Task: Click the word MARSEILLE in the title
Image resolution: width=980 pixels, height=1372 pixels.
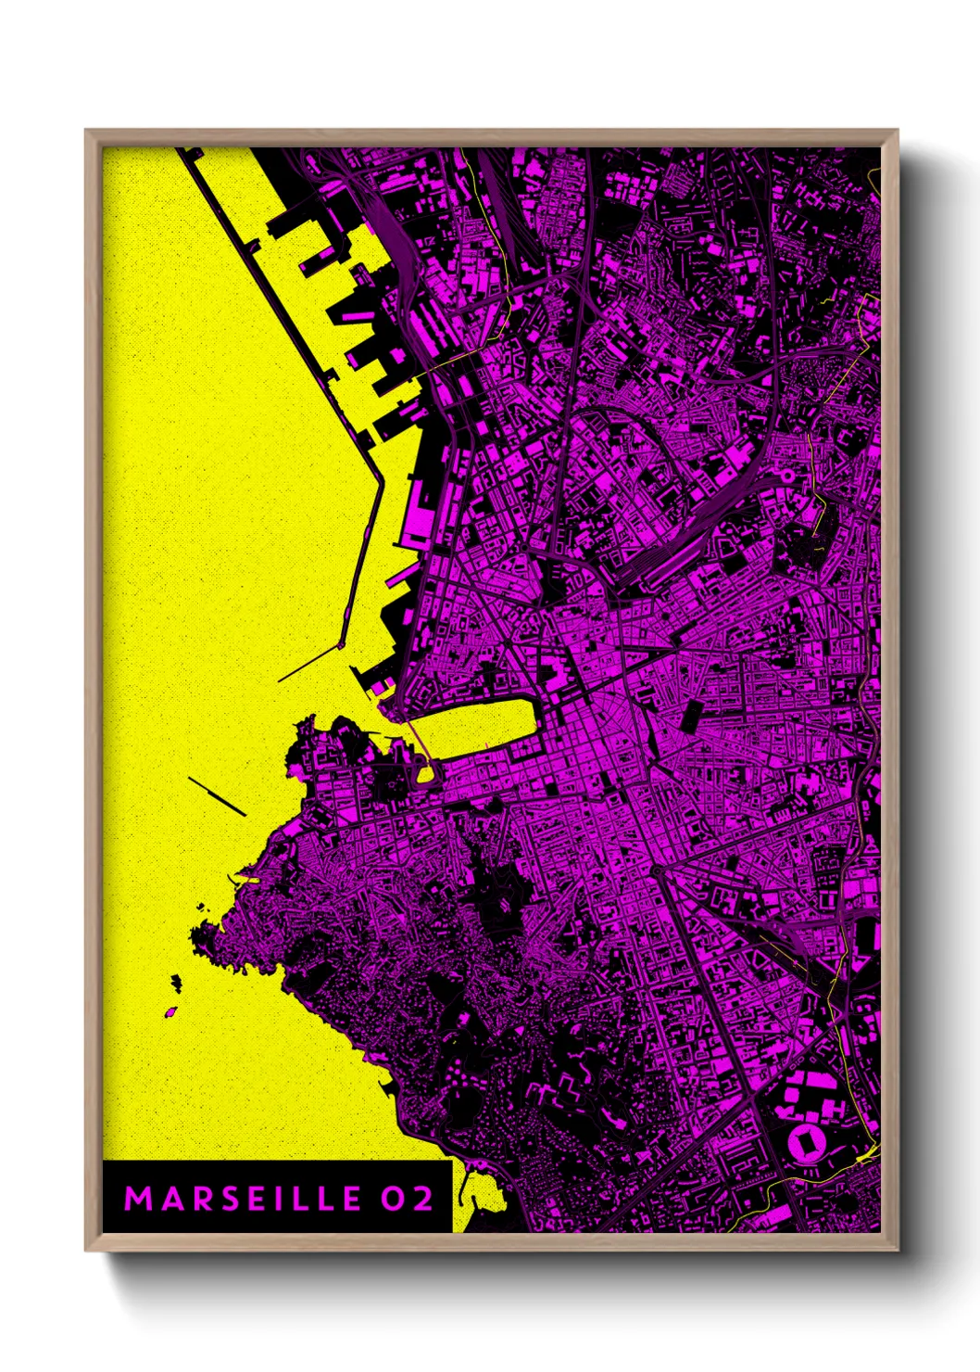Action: coord(243,1199)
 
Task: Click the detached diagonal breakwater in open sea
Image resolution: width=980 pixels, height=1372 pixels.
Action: coord(217,796)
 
